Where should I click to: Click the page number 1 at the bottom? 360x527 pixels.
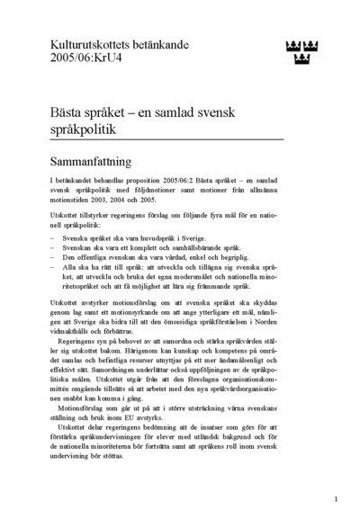coord(336,498)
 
